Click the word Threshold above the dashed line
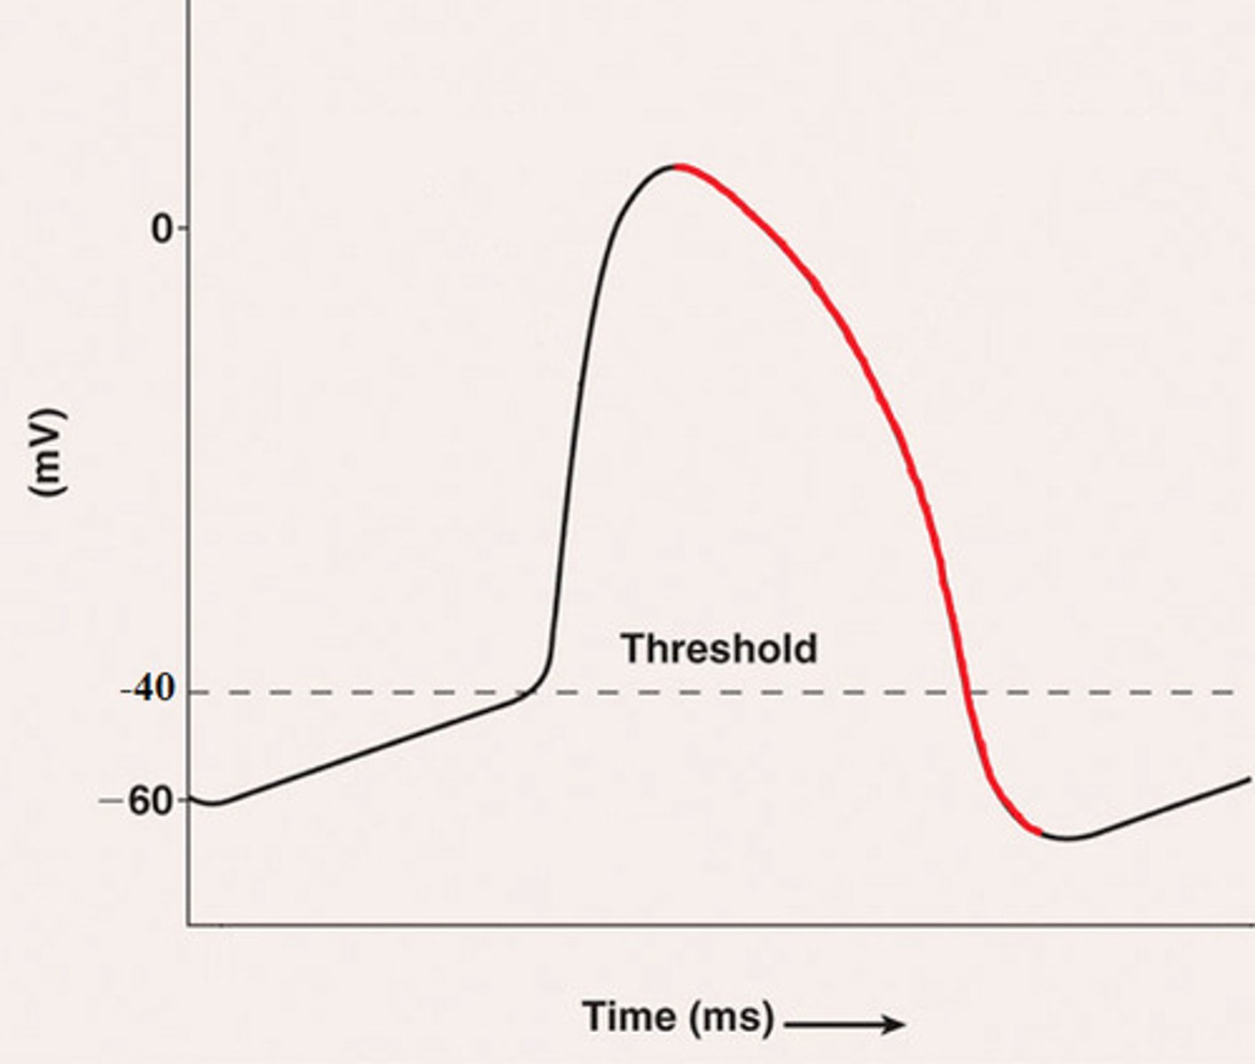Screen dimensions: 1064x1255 pyautogui.click(x=718, y=649)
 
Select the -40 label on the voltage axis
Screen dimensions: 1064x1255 pyautogui.click(x=148, y=690)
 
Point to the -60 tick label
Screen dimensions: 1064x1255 pyautogui.click(x=147, y=802)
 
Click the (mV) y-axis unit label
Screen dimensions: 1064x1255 pyautogui.click(x=47, y=452)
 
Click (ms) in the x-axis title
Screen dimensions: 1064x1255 pyautogui.click(x=733, y=1017)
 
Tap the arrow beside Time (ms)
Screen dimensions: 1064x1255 pyautogui.click(x=844, y=1025)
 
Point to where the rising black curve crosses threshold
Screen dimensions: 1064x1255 pyautogui.click(x=533, y=692)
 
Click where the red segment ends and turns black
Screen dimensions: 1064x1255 pyautogui.click(x=1040, y=832)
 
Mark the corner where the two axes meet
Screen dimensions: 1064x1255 pyautogui.click(x=189, y=925)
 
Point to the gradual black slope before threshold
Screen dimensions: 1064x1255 pyautogui.click(x=373, y=749)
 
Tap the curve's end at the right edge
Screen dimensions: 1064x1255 pyautogui.click(x=1249, y=779)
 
